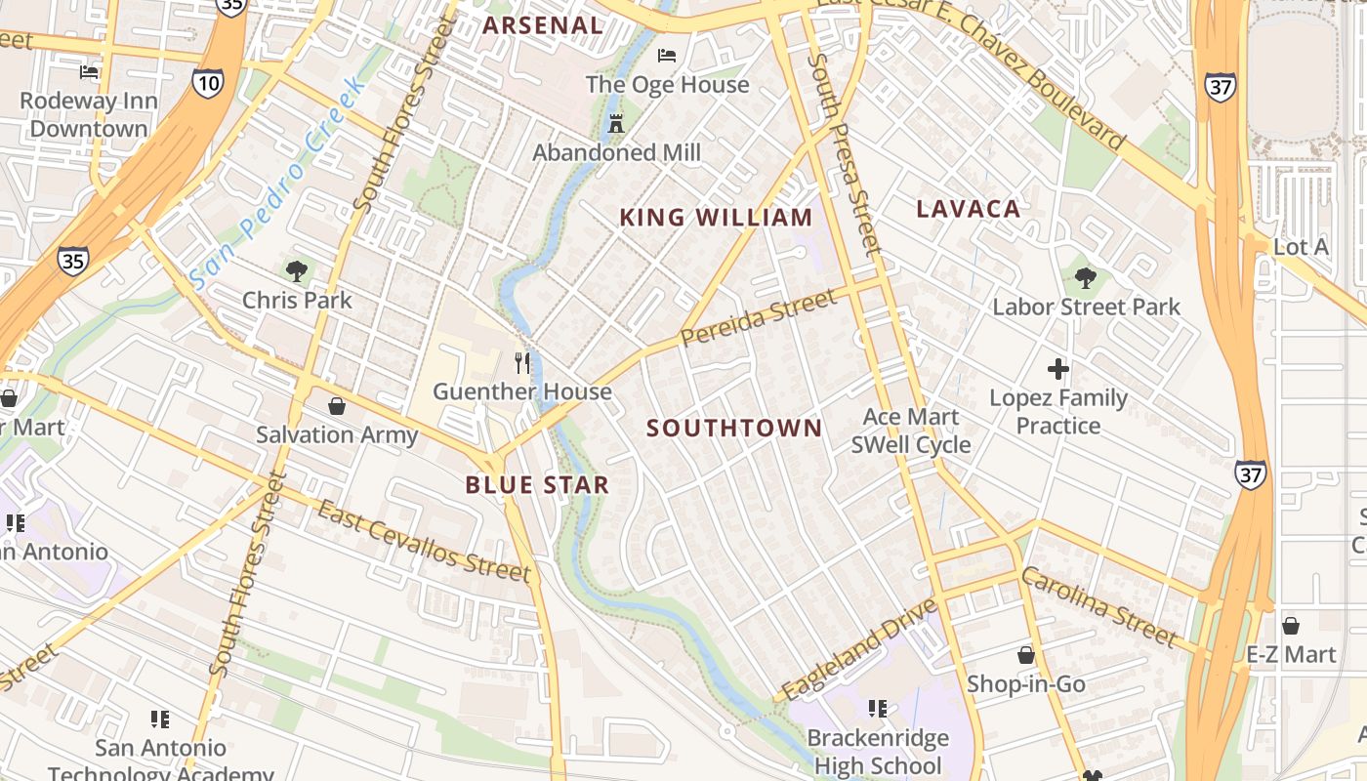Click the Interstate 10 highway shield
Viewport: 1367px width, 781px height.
[207, 83]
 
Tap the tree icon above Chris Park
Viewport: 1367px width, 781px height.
[297, 270]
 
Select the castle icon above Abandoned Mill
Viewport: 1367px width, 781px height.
[616, 124]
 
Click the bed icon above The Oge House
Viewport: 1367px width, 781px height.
[667, 56]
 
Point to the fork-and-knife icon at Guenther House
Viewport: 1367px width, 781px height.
[522, 363]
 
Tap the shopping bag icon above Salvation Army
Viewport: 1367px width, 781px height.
[337, 405]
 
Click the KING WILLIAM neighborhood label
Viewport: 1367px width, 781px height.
[716, 218]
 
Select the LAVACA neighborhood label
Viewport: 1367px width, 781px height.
[968, 208]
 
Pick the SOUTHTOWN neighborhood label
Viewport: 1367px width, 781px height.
[734, 428]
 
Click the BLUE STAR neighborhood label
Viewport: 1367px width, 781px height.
[537, 484]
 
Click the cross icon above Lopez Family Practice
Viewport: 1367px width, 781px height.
[1057, 369]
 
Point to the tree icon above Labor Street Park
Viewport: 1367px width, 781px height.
[1085, 278]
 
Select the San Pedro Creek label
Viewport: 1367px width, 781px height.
[278, 183]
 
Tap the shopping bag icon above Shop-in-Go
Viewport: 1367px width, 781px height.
[1025, 655]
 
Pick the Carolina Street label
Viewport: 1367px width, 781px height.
[1099, 605]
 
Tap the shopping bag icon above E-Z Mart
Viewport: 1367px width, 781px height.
[1290, 626]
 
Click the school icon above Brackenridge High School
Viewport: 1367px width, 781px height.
[877, 708]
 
